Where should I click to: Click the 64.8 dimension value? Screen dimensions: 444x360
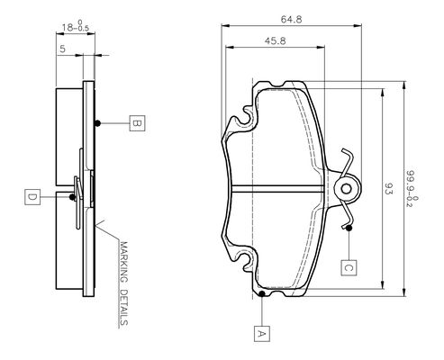tap(291, 20)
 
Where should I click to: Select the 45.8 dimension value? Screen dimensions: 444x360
tap(275, 40)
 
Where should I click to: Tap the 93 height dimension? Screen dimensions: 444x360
tap(388, 189)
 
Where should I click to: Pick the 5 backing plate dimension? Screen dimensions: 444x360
tap(62, 49)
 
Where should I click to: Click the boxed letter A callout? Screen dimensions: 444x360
tap(262, 333)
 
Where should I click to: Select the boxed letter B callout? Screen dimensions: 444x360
tap(137, 123)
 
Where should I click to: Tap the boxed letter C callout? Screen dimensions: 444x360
tap(349, 267)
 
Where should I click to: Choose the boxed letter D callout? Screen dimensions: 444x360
tap(32, 197)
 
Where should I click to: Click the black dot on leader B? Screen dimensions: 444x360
tap(97, 123)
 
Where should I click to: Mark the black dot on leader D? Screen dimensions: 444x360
tap(72, 197)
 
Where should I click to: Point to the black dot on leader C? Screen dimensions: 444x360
tap(349, 228)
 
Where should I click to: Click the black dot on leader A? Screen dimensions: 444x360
tap(262, 293)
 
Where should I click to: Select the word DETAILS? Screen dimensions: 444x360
tap(123, 307)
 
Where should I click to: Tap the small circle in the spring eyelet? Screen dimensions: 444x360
tap(347, 189)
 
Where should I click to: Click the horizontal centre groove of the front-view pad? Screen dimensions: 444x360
tap(278, 189)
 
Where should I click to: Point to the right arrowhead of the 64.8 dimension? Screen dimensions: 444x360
tap(358, 26)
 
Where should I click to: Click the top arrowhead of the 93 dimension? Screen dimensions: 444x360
tap(382, 93)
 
